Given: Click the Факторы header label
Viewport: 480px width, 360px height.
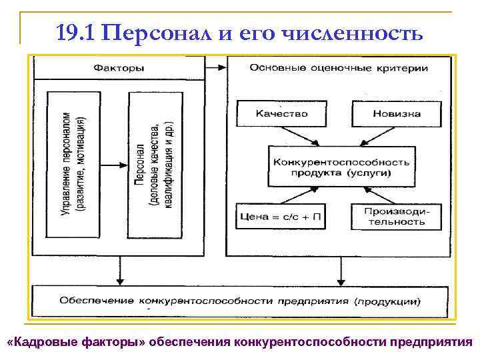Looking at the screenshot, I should point(120,67).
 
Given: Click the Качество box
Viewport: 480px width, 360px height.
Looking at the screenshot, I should point(282,113).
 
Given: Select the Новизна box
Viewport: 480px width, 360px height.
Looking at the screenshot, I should point(396,113).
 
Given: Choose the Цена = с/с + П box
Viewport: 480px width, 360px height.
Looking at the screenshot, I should point(280,216).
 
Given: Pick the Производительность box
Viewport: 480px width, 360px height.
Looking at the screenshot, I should point(396,216).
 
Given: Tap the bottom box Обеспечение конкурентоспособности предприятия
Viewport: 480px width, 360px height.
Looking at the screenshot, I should point(240,301).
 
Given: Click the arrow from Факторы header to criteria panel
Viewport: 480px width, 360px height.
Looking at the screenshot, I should point(216,67).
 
